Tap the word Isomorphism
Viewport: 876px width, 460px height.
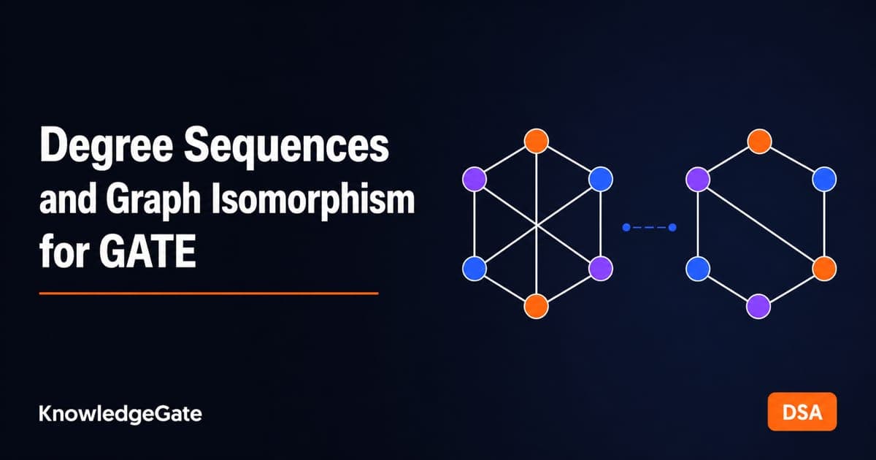click(x=313, y=200)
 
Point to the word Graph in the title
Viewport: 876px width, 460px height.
click(x=153, y=200)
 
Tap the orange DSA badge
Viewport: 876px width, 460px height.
click(x=802, y=412)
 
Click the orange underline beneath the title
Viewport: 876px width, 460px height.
click(x=209, y=294)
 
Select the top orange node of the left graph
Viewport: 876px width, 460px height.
click(x=536, y=141)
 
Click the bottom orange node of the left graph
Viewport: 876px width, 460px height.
click(x=536, y=306)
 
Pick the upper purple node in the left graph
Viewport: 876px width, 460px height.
click(x=474, y=179)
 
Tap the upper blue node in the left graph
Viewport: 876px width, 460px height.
click(x=601, y=179)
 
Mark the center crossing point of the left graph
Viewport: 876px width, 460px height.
click(x=537, y=226)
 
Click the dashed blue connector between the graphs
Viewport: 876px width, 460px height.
click(x=649, y=227)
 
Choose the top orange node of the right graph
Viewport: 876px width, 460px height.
click(x=759, y=141)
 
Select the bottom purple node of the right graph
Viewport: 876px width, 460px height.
click(x=758, y=306)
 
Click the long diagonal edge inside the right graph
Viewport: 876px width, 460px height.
click(x=761, y=224)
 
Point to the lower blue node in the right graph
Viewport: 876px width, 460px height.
click(x=698, y=269)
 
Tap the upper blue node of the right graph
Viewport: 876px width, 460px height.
click(x=824, y=179)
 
